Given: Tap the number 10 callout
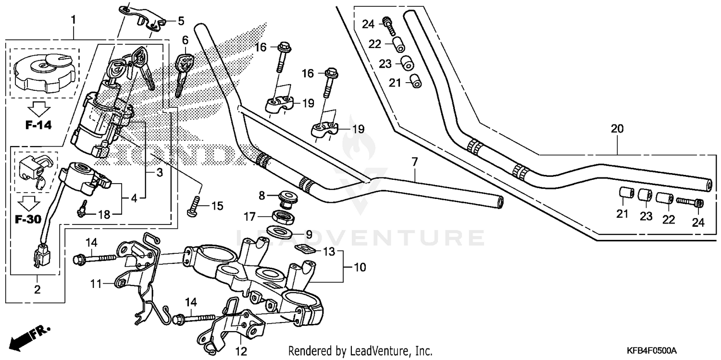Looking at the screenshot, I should coord(360,266).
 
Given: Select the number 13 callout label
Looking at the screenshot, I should coord(328,251).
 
